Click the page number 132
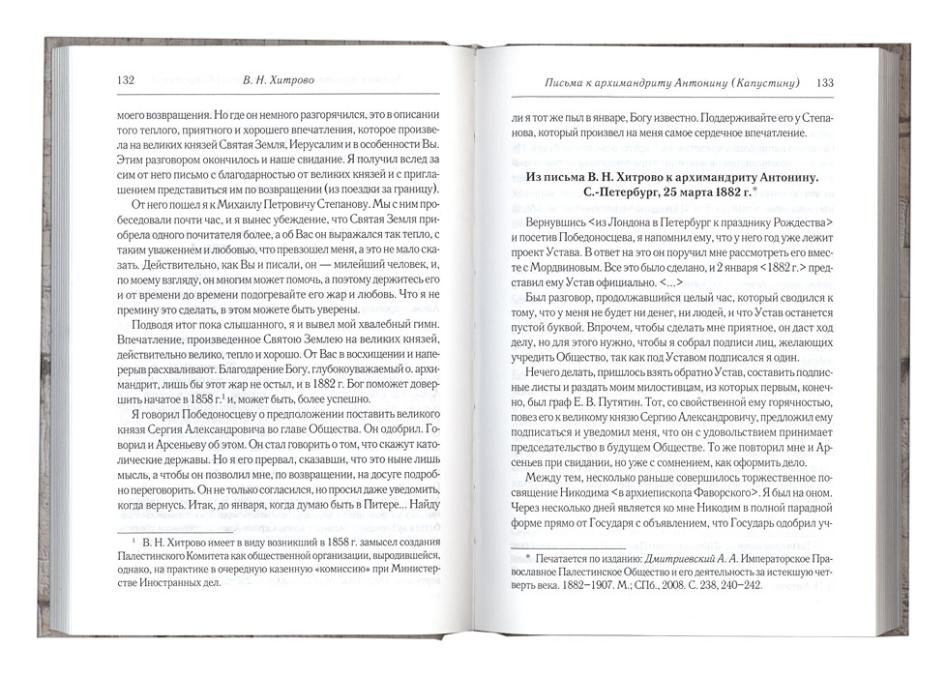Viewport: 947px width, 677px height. pos(123,81)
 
